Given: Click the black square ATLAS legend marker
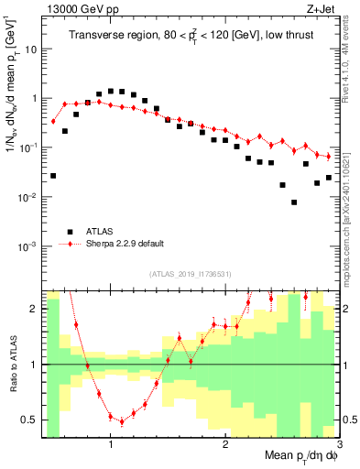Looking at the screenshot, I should tap(69, 231).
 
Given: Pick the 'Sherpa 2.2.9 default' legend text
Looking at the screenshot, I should tap(125, 244).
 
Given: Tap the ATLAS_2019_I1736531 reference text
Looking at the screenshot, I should tap(190, 274).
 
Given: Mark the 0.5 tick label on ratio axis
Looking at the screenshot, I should tap(30, 420).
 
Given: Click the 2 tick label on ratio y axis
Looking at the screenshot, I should tap(35, 309).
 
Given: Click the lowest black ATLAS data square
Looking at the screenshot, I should tap(294, 202).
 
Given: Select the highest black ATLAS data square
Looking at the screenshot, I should tap(111, 91).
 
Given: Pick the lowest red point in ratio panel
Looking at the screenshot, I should tap(122, 422).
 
